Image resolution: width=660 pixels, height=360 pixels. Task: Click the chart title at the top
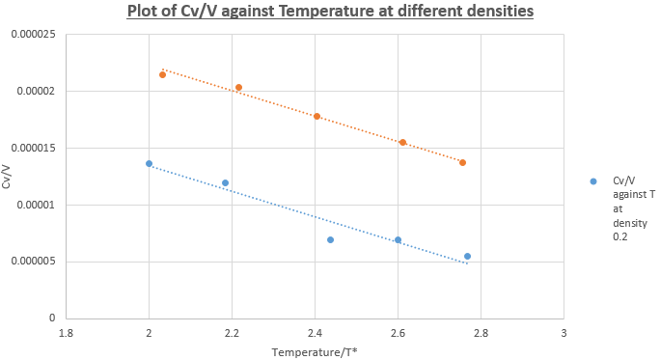point(330,11)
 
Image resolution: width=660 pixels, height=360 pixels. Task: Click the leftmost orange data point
point(162,75)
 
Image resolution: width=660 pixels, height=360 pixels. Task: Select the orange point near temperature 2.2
point(238,88)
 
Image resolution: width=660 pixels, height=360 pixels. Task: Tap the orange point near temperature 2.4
point(316,116)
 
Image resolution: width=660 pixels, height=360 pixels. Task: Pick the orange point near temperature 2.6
point(402,142)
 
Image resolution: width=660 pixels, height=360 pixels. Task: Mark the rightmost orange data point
point(462,162)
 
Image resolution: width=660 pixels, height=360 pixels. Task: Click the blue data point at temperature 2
point(149,163)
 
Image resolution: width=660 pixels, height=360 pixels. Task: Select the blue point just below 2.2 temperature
point(225,182)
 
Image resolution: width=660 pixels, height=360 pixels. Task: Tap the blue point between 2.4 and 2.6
point(330,240)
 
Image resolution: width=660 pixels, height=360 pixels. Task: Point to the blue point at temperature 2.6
point(399,240)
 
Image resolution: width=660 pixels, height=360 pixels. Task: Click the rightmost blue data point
point(467,256)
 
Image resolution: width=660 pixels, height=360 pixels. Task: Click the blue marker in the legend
point(593,181)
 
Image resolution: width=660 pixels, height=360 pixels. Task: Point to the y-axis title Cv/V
point(7,177)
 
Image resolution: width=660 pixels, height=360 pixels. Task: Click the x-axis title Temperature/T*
point(315,352)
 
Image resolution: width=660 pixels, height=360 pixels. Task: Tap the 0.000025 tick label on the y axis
point(33,34)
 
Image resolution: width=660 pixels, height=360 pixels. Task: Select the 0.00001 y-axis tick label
point(36,205)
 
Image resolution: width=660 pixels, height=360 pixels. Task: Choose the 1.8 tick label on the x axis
point(66,333)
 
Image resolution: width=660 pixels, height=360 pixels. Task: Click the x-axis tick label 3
point(564,333)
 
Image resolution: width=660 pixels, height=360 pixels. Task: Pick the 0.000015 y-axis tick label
point(33,149)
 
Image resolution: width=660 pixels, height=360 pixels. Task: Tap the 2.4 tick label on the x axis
point(315,333)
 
